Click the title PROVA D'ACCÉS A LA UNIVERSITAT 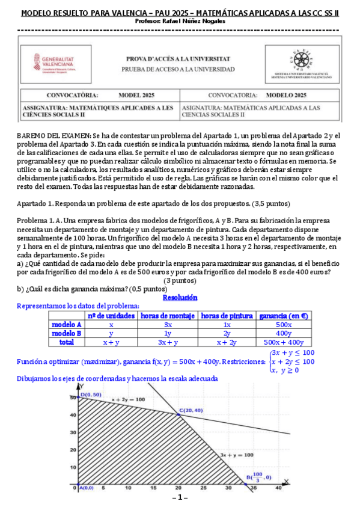[177, 59]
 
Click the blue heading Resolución [180, 298]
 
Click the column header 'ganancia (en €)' [283, 315]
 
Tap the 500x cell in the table [283, 324]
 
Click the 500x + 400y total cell [283, 342]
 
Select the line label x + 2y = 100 [128, 399]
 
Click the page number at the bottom [180, 498]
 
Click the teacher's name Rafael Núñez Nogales [180, 20]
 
